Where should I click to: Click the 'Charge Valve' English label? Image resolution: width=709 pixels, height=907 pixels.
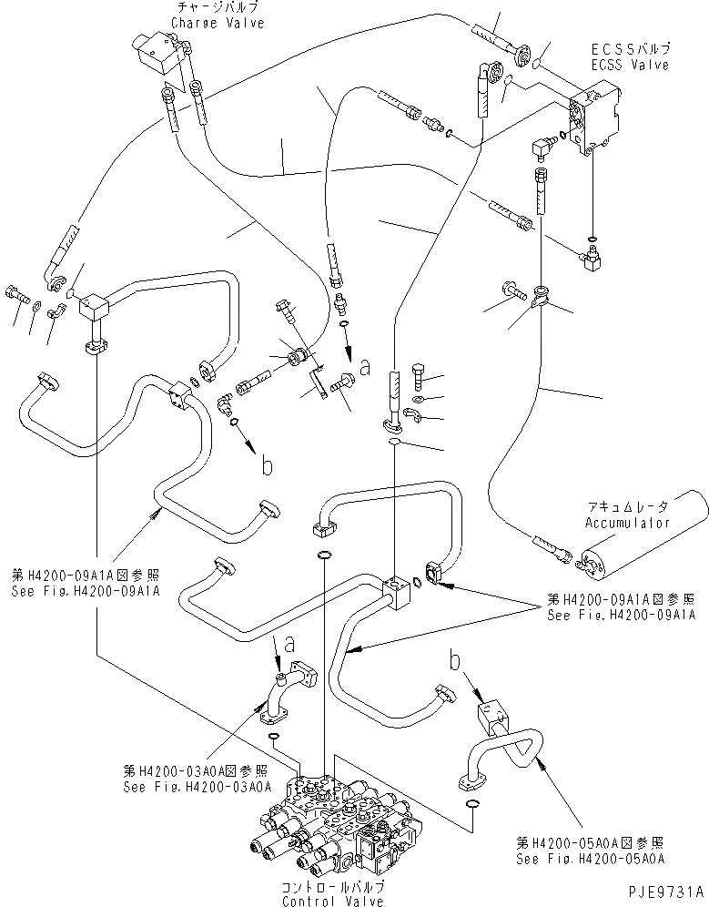(x=196, y=23)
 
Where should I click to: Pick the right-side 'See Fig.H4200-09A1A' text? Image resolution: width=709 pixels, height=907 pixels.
(x=621, y=615)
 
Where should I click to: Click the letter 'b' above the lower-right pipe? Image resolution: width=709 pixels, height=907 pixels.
(x=452, y=657)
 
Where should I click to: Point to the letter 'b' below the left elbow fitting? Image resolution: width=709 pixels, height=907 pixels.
(x=267, y=465)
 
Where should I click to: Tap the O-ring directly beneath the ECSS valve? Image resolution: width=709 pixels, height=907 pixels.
(x=593, y=241)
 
